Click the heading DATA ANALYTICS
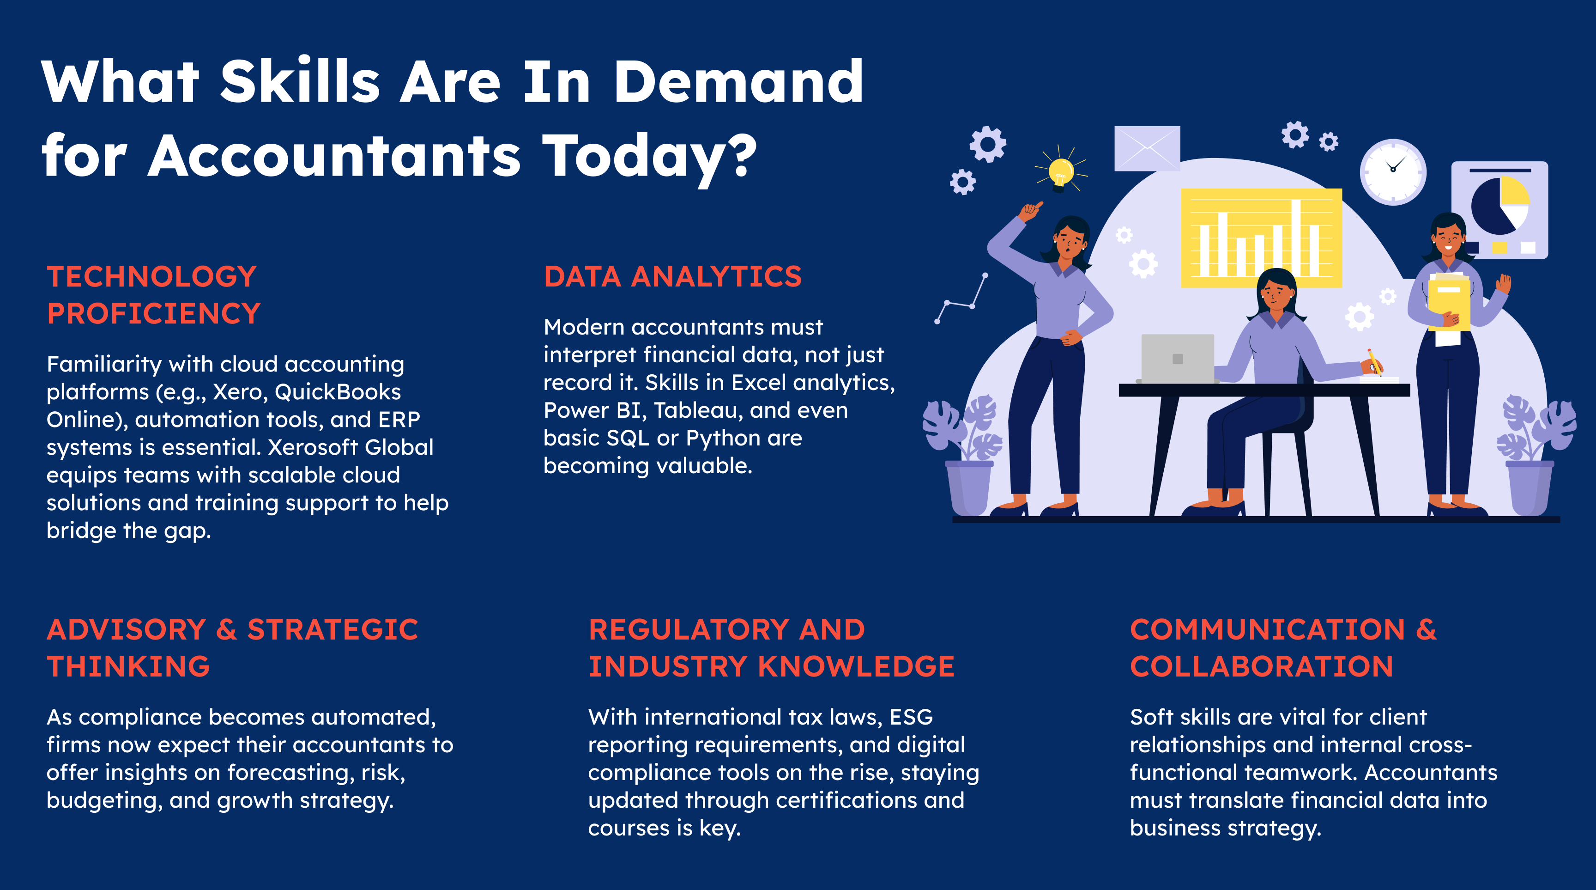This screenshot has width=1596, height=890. coord(672,276)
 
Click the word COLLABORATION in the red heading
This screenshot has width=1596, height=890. coord(1262,667)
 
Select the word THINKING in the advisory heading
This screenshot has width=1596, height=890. coord(129,667)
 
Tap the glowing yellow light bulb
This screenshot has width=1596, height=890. coord(1061,172)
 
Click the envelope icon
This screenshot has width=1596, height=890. coord(1147,149)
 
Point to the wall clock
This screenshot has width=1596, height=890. coord(1393,172)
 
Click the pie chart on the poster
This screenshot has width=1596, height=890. coord(1500,205)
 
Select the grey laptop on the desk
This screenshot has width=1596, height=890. coord(1177,359)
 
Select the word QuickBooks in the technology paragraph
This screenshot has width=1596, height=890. coord(338,392)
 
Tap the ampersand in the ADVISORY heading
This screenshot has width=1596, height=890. coord(226,630)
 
